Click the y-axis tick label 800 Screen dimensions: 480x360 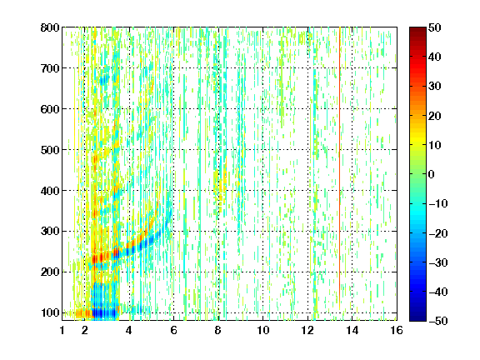point(50,27)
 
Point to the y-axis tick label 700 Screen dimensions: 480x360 point(50,68)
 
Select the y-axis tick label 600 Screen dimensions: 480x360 point(50,109)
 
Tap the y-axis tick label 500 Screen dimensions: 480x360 point(50,150)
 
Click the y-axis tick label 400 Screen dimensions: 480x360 point(50,191)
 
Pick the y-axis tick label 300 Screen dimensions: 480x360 point(50,231)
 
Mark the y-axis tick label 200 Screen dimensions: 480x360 point(50,272)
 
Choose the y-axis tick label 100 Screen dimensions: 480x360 point(50,312)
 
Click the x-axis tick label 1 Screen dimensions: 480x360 point(62,330)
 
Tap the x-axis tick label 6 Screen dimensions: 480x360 point(173,330)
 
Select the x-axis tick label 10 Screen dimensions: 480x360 point(263,330)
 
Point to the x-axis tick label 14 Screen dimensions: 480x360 point(352,330)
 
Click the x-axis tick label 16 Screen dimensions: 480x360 point(397,330)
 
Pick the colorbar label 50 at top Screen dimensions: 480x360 point(435,27)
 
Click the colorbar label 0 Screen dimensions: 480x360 point(432,174)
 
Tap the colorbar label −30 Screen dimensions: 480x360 point(438,262)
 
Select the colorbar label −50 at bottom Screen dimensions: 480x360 point(438,321)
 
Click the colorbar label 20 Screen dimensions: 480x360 point(435,116)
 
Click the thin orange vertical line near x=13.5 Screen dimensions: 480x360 point(339,168)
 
